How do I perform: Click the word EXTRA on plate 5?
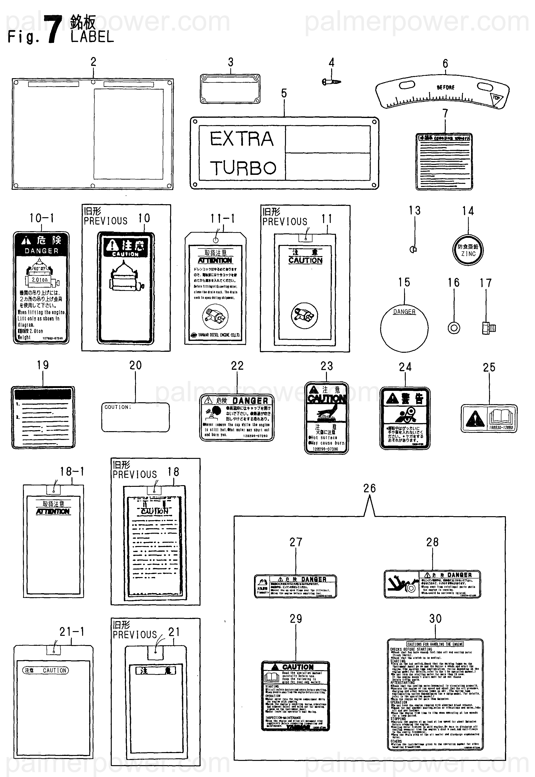pos(242,139)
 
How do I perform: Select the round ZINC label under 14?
pos(468,250)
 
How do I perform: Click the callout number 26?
pos(369,488)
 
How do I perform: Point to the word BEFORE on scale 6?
pos(446,87)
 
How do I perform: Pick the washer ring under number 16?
pos(454,328)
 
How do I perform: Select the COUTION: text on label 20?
pos(118,407)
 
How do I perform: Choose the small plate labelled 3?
pos(230,89)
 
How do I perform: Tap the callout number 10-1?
pos(42,218)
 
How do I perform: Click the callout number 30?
pos(435,619)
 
